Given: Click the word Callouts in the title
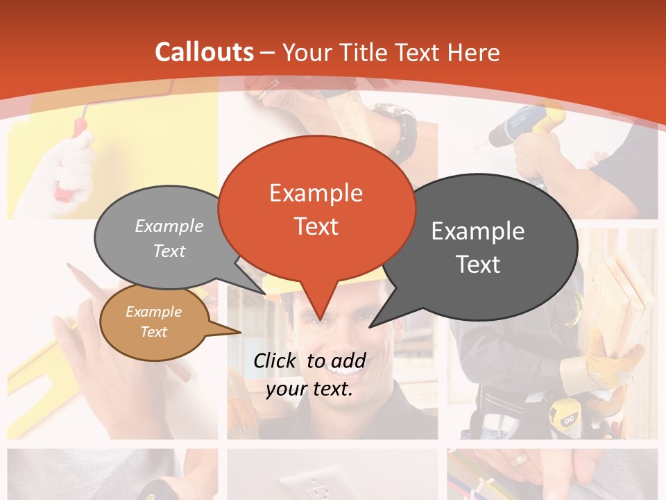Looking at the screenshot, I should pos(204,52).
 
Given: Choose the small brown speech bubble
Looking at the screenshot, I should pos(154,322).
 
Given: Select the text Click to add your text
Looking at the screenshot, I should pos(309,374).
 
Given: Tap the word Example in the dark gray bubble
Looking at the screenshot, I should pos(478,231).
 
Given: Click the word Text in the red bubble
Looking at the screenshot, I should pos(316,226).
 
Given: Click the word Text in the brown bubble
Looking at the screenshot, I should pos(154,332).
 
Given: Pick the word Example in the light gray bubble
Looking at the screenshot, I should pos(169,226).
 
